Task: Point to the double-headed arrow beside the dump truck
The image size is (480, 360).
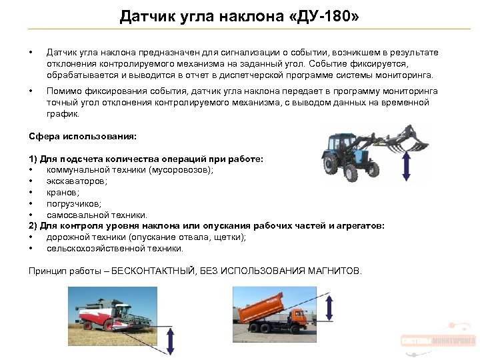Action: pos(330,307)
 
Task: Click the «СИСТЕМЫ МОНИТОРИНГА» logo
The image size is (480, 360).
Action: pos(438,341)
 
